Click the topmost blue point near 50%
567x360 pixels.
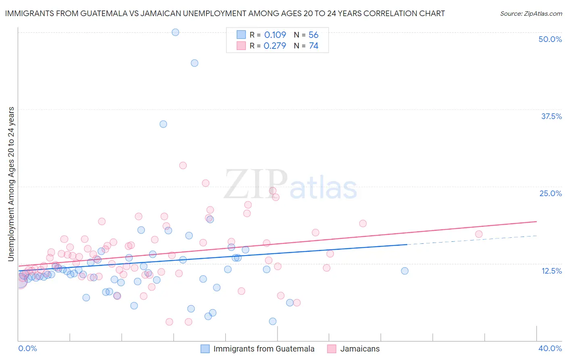[x=175, y=32]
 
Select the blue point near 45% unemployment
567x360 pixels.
[x=194, y=63]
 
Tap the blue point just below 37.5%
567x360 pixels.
[x=163, y=124]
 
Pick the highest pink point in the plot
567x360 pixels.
[x=183, y=165]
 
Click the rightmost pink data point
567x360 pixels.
[x=479, y=234]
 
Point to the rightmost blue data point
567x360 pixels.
[x=405, y=271]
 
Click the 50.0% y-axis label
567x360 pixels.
[x=550, y=39]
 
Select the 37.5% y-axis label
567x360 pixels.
[x=551, y=116]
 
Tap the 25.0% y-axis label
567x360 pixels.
[x=550, y=193]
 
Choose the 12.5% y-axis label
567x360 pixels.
[x=551, y=271]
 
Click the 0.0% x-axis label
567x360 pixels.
[x=27, y=348]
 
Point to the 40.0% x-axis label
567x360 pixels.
[x=550, y=348]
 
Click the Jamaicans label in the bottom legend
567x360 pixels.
[x=360, y=349]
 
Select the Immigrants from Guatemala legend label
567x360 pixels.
[x=264, y=349]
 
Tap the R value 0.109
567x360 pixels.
[x=275, y=35]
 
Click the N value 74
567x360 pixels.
[x=314, y=46]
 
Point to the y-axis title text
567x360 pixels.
[x=11, y=184]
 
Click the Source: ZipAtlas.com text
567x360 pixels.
[x=531, y=13]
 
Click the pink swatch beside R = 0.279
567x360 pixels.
[x=241, y=46]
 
